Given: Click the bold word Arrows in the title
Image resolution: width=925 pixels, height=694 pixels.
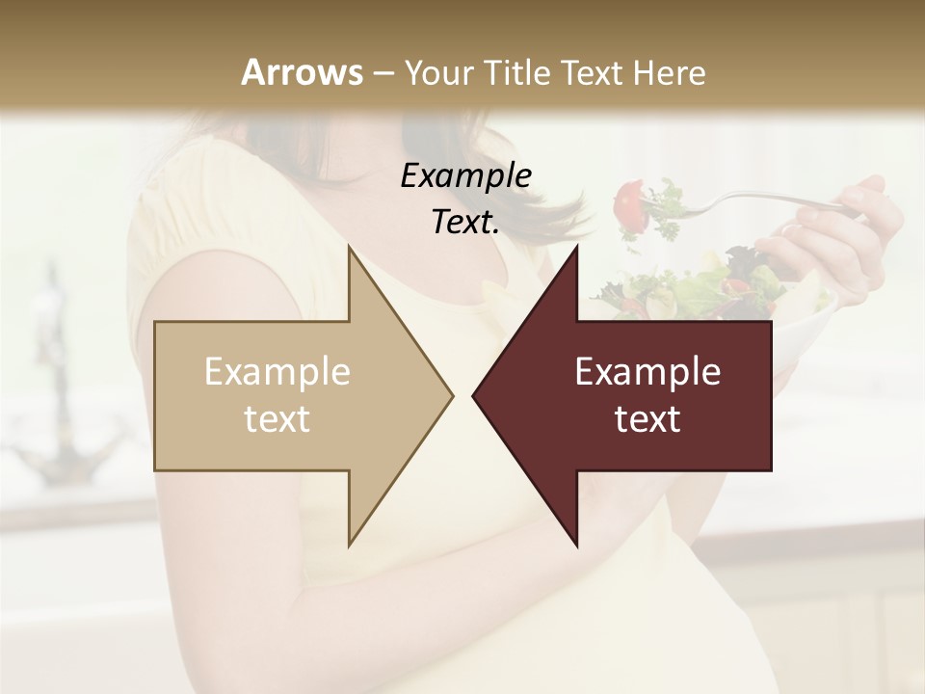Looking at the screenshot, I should point(302,72).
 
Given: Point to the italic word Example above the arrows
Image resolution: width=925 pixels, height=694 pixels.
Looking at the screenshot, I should point(465,175).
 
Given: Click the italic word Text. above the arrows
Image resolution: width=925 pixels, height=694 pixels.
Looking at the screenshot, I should point(465,223).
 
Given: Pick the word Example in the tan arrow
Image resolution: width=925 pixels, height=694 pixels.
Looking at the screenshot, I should point(277,371).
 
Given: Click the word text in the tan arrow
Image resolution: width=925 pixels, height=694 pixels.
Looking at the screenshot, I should point(277,419).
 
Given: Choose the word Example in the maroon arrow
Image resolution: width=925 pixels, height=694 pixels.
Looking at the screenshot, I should point(647,371).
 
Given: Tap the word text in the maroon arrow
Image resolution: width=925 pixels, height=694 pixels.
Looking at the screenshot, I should point(647,419).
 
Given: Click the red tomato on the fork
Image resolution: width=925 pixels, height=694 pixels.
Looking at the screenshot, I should point(629,199).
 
